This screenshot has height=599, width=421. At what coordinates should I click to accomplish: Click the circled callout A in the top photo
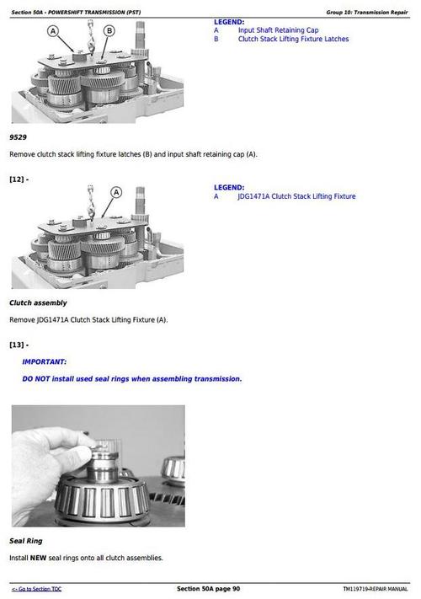click(x=53, y=31)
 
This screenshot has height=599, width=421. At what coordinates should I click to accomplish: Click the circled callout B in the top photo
click(x=109, y=31)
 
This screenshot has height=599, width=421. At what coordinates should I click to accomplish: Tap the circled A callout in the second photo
click(x=116, y=192)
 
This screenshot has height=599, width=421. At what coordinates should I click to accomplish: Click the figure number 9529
click(x=19, y=136)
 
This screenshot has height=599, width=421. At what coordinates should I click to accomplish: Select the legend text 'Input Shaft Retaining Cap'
click(x=278, y=29)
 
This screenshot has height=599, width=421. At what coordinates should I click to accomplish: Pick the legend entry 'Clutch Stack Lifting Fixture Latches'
click(x=293, y=39)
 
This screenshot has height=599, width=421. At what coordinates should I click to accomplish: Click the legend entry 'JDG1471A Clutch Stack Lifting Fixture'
click(x=296, y=196)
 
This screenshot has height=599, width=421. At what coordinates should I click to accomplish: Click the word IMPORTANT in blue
click(x=45, y=361)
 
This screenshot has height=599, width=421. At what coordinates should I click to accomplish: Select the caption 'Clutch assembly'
click(x=38, y=302)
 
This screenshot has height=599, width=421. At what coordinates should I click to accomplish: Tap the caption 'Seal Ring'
click(x=25, y=541)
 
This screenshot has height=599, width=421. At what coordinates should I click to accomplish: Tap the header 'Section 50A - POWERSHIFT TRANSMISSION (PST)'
click(x=71, y=12)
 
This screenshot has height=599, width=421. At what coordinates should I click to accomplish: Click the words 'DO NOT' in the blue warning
click(x=36, y=379)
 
